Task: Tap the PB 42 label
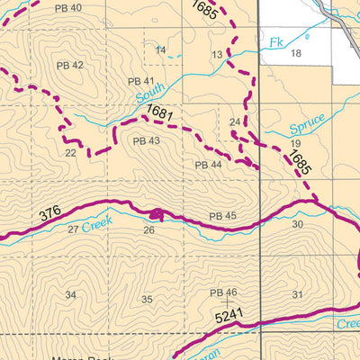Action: coord(70,65)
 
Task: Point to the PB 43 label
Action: coord(146,141)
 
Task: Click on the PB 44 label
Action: coord(208,165)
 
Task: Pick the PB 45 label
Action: coord(222,216)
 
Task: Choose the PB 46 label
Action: coord(222,292)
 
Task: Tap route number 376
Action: coord(51,214)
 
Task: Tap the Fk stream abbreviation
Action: coord(275,41)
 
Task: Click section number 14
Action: coord(160,49)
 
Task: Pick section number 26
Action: coord(148,230)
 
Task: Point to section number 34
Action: coord(70,295)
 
